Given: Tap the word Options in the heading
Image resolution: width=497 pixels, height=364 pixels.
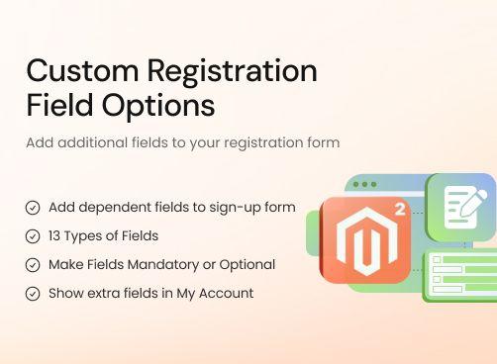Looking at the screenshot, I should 158,104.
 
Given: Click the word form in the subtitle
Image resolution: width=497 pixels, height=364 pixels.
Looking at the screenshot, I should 322,142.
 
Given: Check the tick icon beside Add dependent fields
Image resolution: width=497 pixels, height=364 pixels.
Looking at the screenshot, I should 33,209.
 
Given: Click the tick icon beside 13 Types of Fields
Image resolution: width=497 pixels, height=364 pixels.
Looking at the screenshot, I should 33,236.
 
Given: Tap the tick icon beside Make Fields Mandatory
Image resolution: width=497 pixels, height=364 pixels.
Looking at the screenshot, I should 33,265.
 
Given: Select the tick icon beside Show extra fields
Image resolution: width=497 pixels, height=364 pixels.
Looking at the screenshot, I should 33,294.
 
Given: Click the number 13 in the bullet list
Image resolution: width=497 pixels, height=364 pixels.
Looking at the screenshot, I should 55,236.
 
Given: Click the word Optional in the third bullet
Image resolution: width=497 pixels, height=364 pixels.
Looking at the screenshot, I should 249,265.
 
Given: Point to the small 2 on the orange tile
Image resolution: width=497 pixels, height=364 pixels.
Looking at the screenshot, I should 399,209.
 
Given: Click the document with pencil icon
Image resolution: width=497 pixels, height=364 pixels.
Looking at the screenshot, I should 461,206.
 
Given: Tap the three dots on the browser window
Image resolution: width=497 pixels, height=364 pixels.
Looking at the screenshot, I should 365,185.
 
